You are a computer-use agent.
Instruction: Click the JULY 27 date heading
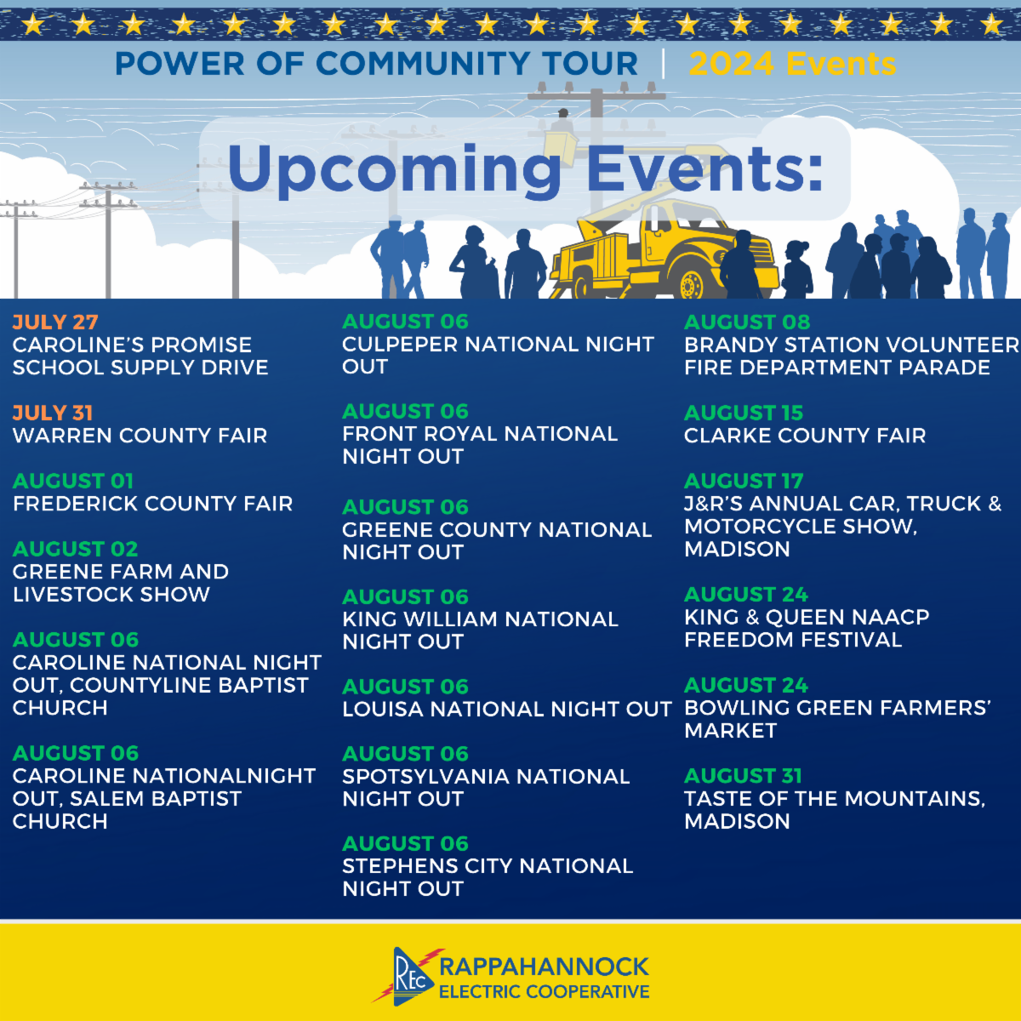55,322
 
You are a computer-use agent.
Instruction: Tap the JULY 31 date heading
53,413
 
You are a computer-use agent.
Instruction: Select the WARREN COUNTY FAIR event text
140,436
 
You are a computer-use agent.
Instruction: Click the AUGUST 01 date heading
73,481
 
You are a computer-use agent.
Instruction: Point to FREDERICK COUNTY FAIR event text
152,504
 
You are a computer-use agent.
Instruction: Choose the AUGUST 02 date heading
75,549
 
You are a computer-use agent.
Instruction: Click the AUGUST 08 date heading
747,322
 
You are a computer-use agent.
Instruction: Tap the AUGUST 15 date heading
744,413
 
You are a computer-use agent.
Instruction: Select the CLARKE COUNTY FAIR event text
805,436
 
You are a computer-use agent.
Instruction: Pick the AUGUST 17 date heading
744,481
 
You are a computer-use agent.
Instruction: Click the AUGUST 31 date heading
744,776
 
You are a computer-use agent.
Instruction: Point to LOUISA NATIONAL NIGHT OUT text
507,709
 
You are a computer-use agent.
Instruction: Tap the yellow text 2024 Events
792,64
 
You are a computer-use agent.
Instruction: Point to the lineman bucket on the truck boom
561,142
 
